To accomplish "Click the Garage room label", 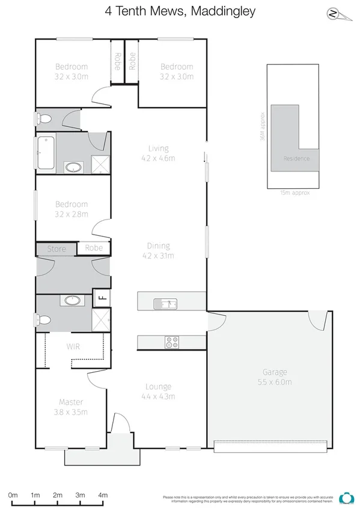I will point(275,372).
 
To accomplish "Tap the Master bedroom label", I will point(71,402).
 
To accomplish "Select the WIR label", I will point(73,347).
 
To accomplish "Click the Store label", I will point(56,248).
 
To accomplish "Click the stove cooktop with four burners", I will point(172,342).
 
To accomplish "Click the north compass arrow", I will point(332,14).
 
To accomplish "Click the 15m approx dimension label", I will point(294,193).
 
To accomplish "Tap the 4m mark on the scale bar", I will point(103,495).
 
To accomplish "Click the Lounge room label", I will point(159,387).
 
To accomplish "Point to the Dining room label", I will point(159,245).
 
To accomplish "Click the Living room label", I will point(159,149).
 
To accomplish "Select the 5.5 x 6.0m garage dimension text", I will point(275,382).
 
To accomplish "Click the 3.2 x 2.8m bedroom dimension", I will point(72,214).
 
